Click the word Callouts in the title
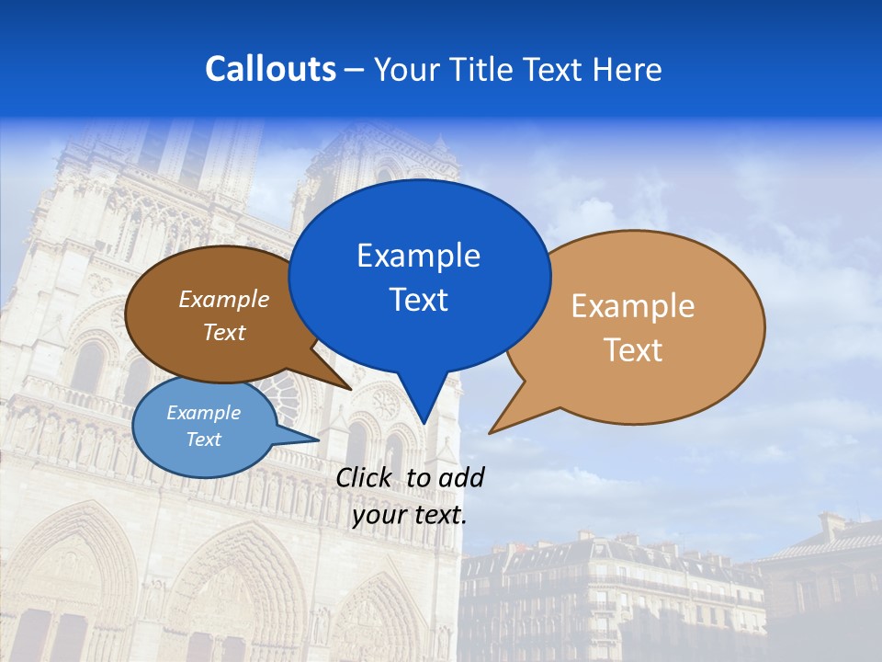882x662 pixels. pyautogui.click(x=270, y=69)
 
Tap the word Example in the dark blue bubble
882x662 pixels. pyautogui.click(x=418, y=256)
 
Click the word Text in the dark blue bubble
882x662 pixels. pyautogui.click(x=418, y=300)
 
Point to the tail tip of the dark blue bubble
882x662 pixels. pyautogui.click(x=424, y=423)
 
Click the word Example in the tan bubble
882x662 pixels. pyautogui.click(x=633, y=306)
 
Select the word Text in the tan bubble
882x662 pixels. pyautogui.click(x=633, y=350)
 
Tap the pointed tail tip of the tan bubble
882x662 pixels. pyautogui.click(x=490, y=432)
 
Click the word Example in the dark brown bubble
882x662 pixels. pyautogui.click(x=224, y=299)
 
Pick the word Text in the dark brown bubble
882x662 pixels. pyautogui.click(x=224, y=332)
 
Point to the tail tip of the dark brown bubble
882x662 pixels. pyautogui.click(x=351, y=389)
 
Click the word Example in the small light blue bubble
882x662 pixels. pyautogui.click(x=204, y=413)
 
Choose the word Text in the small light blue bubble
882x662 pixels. pyautogui.click(x=204, y=439)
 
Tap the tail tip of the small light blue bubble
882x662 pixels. pyautogui.click(x=319, y=439)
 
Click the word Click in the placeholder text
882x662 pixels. pyautogui.click(x=366, y=477)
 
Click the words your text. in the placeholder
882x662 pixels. pyautogui.click(x=410, y=515)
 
